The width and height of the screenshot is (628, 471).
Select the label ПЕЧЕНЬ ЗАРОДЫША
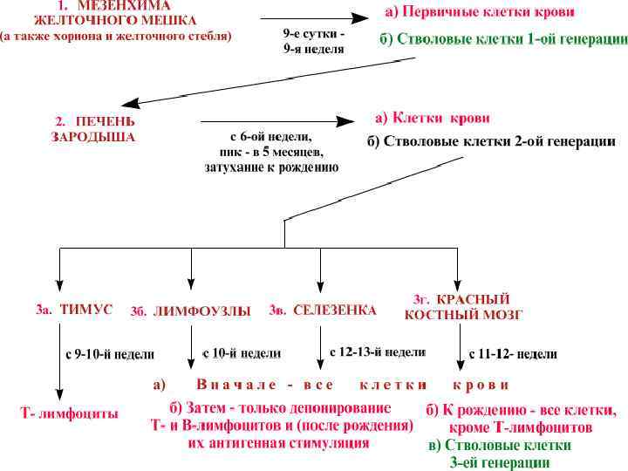(94, 128)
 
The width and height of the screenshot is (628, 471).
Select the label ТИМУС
(75, 310)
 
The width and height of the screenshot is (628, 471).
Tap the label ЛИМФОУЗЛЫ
(190, 311)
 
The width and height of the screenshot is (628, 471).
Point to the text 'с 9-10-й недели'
(110, 355)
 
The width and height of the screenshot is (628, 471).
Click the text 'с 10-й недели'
(242, 353)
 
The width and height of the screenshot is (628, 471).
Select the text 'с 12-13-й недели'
(378, 352)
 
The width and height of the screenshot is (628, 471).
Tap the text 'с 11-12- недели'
(513, 354)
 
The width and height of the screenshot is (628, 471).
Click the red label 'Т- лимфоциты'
(70, 413)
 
